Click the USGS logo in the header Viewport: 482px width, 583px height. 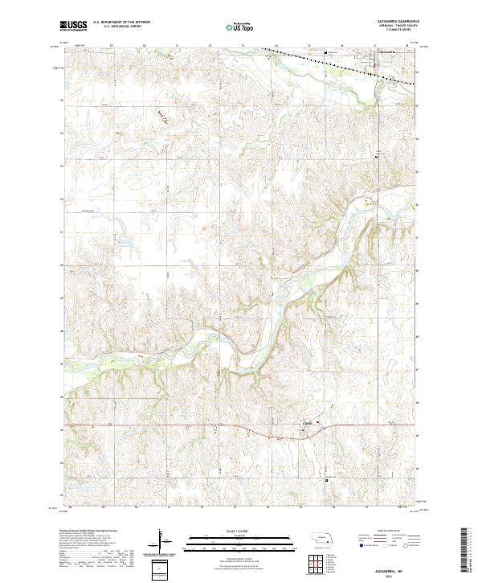tap(73, 26)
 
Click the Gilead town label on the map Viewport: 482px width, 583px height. tap(306, 421)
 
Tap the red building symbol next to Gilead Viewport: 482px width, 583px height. tap(317, 423)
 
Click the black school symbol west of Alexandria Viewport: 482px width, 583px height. tap(325, 54)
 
